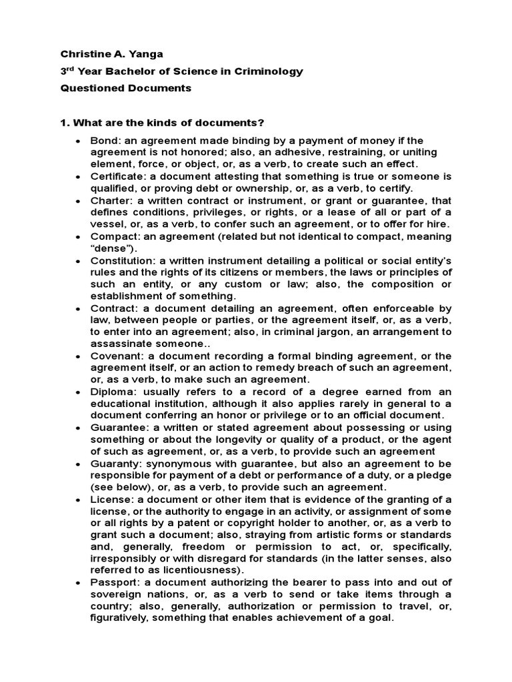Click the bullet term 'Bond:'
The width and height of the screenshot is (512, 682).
click(104, 141)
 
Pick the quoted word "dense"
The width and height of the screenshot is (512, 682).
click(109, 248)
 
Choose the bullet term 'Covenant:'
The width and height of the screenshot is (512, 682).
click(117, 355)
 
